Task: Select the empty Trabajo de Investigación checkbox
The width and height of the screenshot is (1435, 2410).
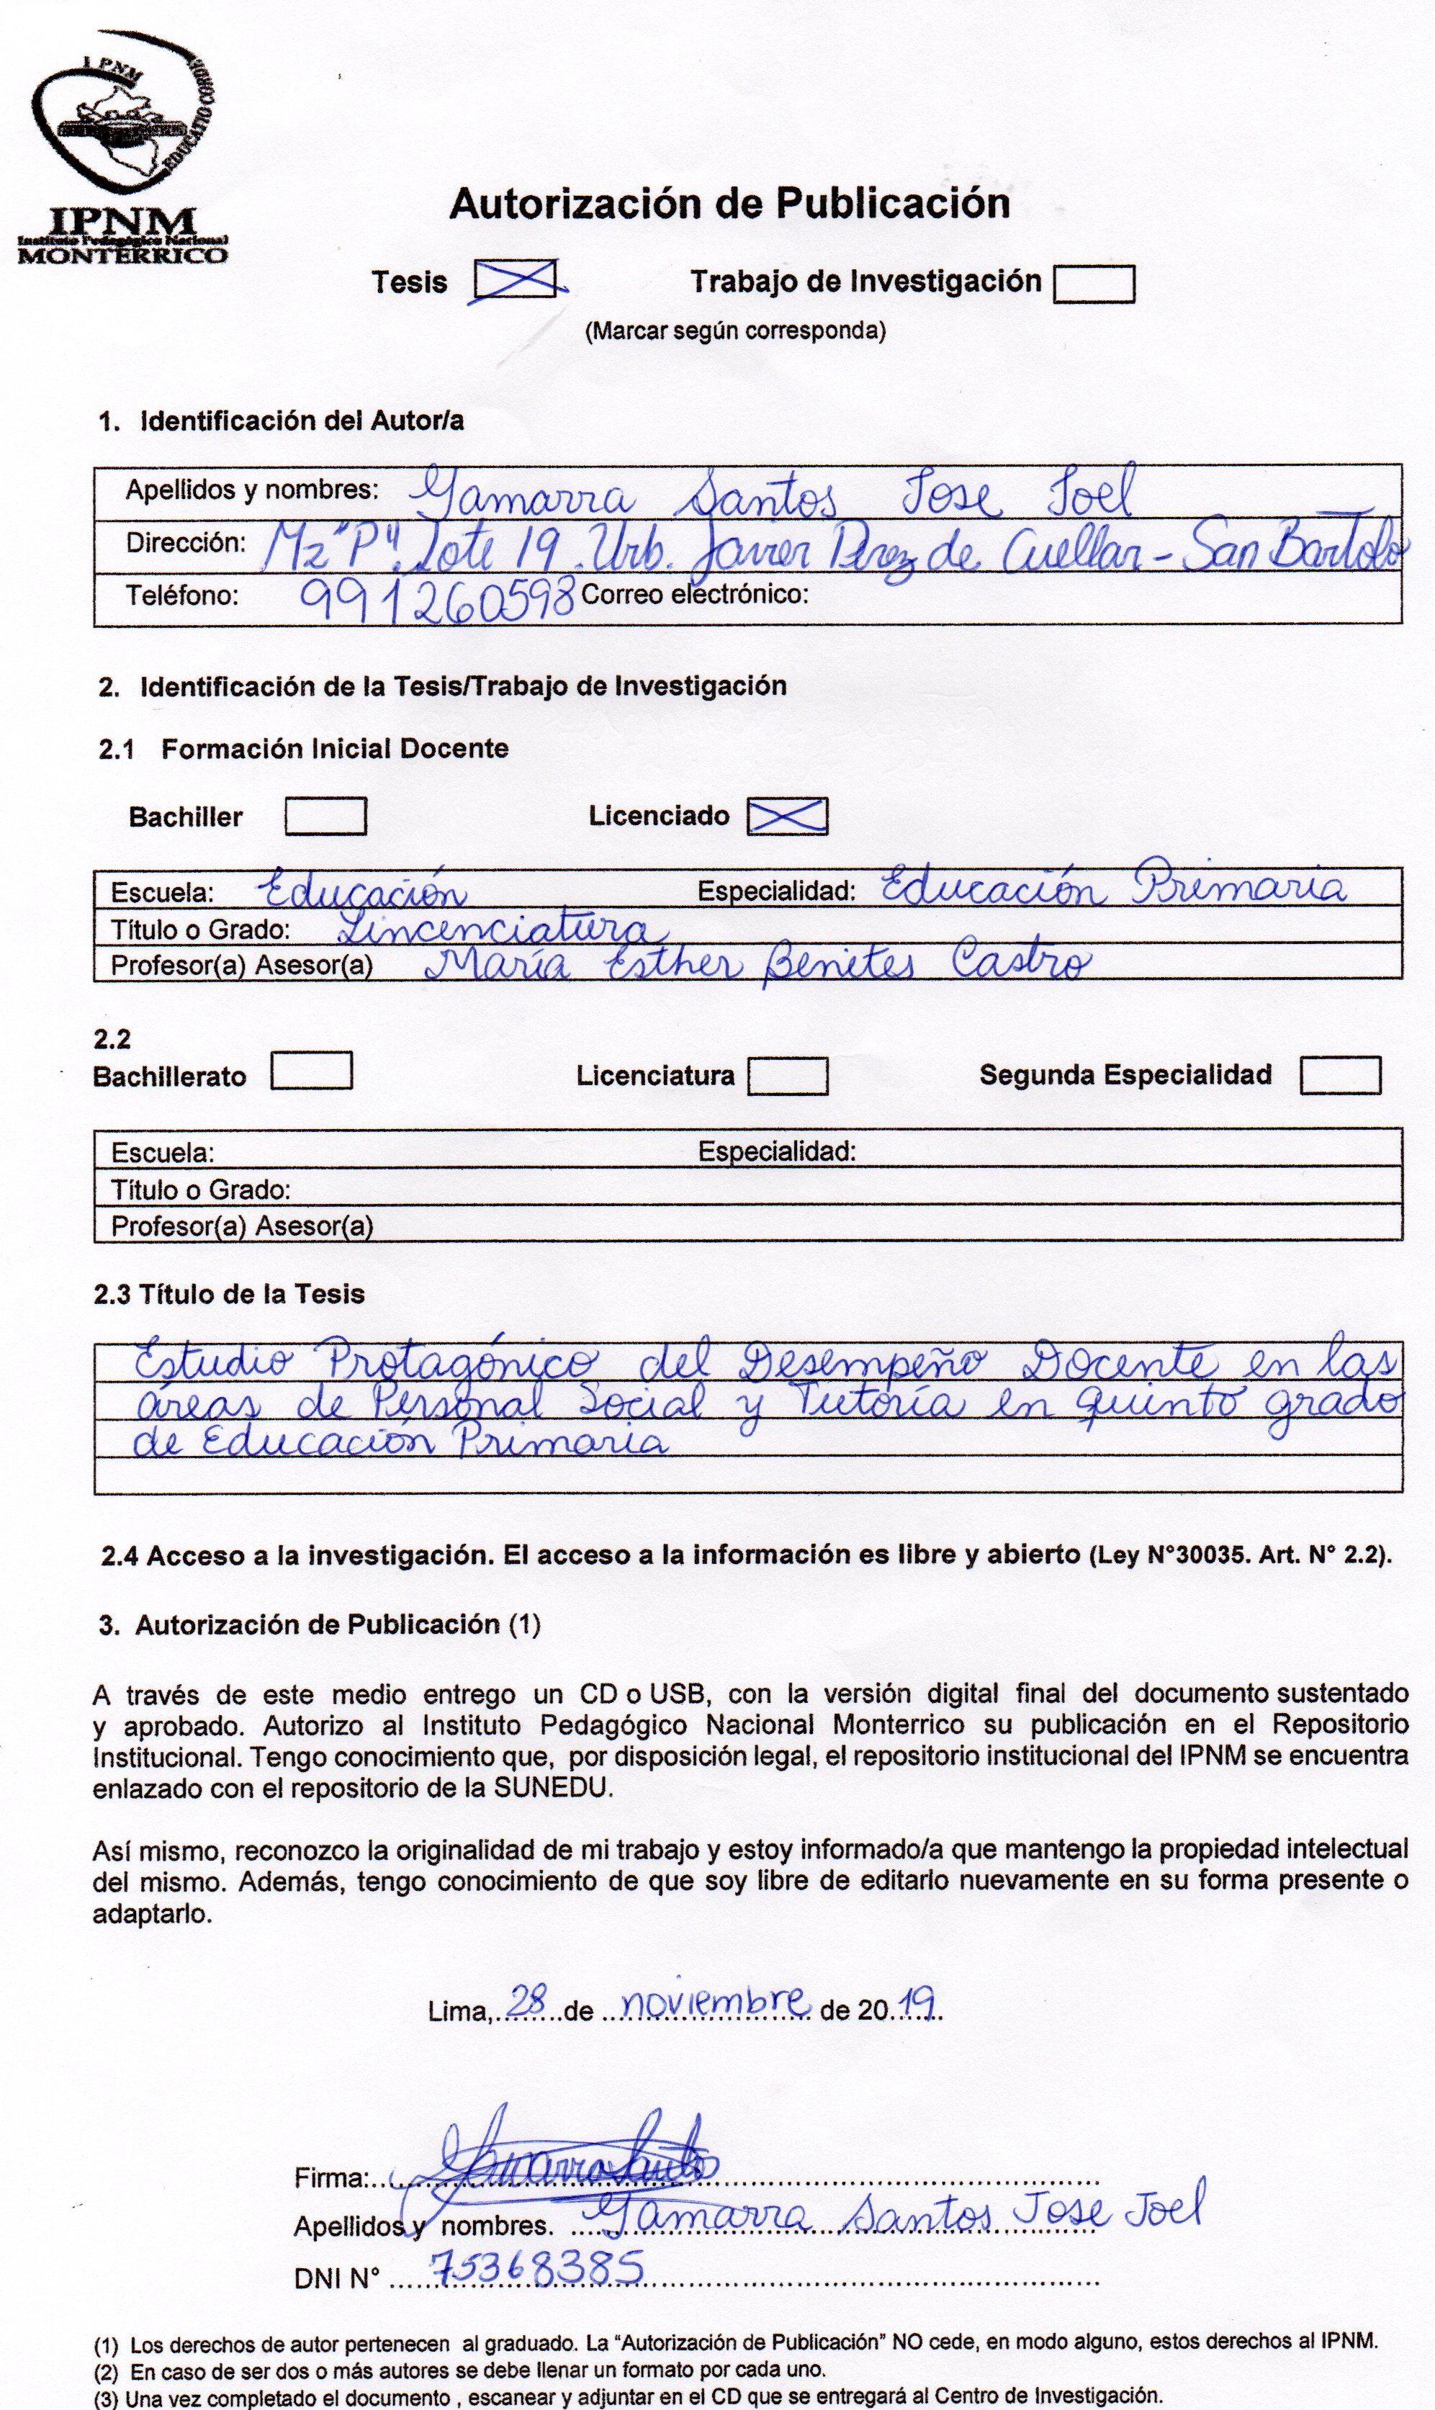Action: coord(1093,284)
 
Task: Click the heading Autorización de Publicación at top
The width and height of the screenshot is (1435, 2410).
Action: coord(729,204)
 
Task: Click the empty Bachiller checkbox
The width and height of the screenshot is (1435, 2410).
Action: coord(325,816)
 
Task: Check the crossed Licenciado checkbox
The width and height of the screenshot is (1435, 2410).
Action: coord(787,816)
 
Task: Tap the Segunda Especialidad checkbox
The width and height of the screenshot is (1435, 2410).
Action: coord(1339,1076)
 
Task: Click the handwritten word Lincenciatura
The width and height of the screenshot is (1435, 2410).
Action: coord(503,928)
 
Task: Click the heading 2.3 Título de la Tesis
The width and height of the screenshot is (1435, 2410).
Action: coord(229,1295)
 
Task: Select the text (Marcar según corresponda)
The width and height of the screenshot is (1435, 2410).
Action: coord(735,331)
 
